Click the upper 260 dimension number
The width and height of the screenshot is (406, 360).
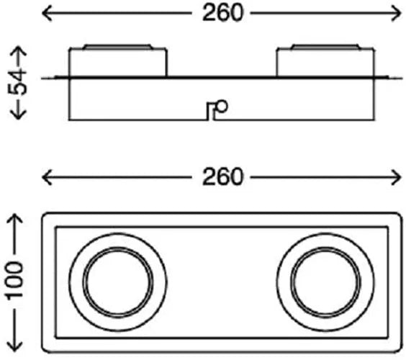(222, 13)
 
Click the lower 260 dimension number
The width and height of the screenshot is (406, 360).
(222, 177)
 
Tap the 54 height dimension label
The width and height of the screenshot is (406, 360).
(17, 83)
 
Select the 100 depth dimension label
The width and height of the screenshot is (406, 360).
(14, 281)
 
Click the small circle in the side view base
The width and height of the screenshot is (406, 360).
(222, 106)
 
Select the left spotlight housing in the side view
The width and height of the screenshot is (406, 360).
(118, 63)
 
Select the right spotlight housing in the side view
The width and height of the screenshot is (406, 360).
(325, 63)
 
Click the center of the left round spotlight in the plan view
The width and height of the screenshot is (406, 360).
(118, 282)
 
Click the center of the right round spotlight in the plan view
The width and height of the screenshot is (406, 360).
(325, 282)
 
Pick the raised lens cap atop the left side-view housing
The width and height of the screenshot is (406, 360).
(118, 47)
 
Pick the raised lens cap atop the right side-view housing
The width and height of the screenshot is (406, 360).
(325, 47)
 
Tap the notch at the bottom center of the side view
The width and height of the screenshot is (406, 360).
(211, 112)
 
